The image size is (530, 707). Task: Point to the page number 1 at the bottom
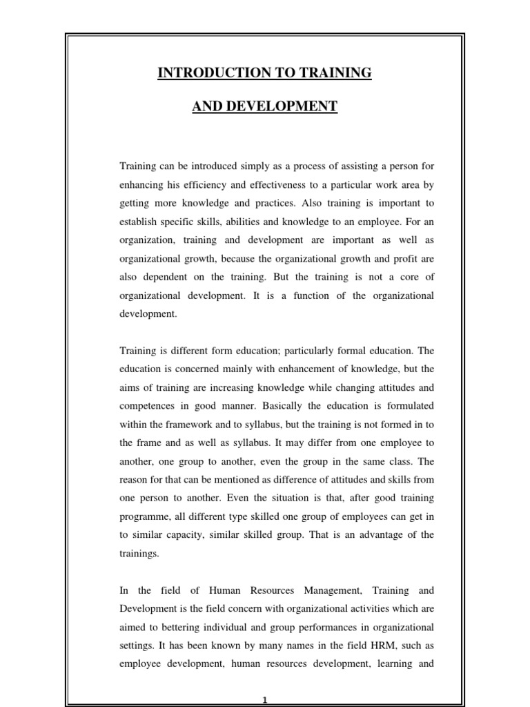point(265,700)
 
